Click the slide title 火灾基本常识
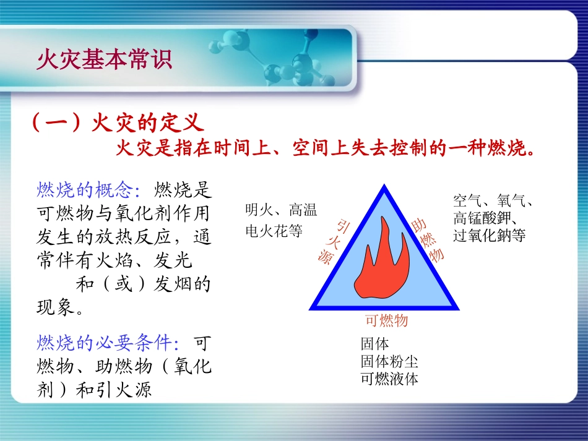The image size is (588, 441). (104, 61)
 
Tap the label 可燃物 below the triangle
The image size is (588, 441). (386, 320)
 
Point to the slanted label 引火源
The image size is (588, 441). (335, 242)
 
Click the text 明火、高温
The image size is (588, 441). (281, 210)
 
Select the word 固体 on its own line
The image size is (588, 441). (375, 344)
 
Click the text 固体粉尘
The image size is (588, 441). (389, 361)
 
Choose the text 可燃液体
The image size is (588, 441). (389, 379)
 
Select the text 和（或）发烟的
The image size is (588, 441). (143, 284)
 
